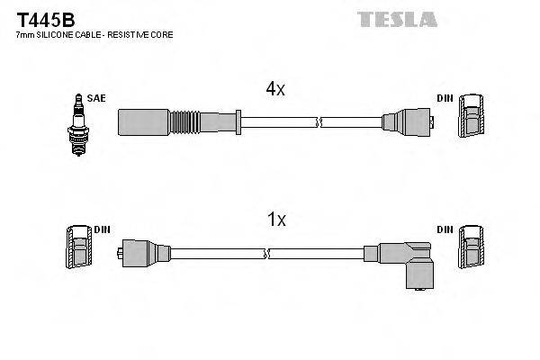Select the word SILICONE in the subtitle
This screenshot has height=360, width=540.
point(64,34)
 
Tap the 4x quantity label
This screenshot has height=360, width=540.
point(274,88)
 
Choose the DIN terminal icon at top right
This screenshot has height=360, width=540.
point(472,117)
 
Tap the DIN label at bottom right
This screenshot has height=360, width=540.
point(445,230)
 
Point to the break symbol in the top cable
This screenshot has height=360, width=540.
point(319,119)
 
